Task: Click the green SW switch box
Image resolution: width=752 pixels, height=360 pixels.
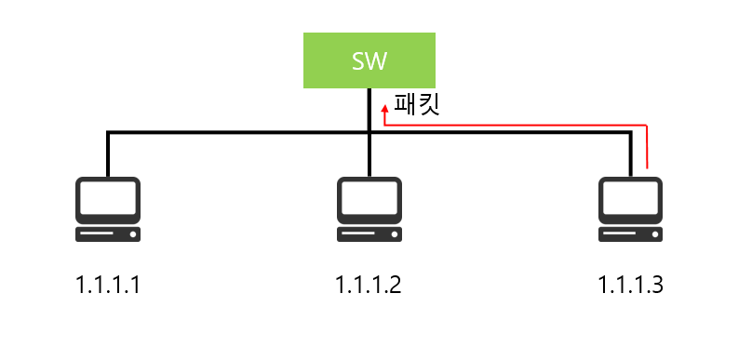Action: tap(369, 60)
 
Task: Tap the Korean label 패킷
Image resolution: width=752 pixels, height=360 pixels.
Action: tap(416, 103)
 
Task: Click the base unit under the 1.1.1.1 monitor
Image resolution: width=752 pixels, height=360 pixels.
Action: tap(108, 235)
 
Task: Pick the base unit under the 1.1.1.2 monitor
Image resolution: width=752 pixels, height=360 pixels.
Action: tap(369, 235)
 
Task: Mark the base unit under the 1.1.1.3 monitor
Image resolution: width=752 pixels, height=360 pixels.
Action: tap(630, 235)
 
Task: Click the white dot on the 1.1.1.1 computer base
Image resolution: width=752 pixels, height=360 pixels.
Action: tap(133, 235)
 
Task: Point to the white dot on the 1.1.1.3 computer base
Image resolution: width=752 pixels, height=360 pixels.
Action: tap(655, 235)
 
